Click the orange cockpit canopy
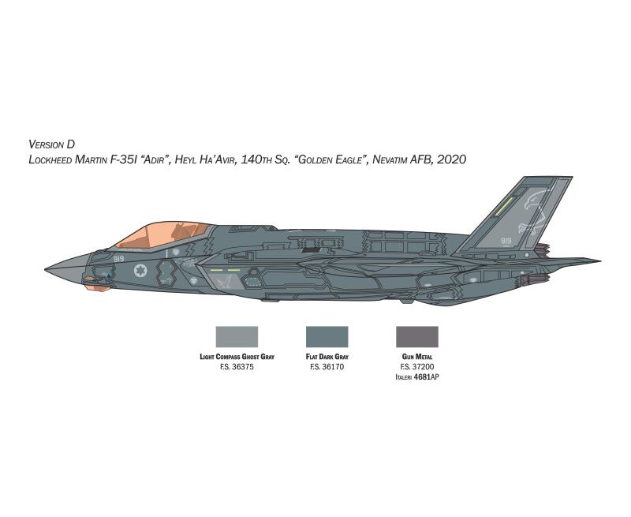point(161,235)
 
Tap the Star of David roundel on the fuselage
point(140,271)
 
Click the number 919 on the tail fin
point(506,241)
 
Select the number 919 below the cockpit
point(119,259)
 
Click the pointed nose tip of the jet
point(46,269)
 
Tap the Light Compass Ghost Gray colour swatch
point(237,336)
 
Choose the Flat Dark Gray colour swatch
point(327,336)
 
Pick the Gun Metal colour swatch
point(417,336)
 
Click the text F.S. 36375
point(237,367)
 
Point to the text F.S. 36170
point(327,367)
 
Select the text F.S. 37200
point(417,367)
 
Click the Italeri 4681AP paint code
point(417,377)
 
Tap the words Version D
point(52,144)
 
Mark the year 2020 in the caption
point(451,159)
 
